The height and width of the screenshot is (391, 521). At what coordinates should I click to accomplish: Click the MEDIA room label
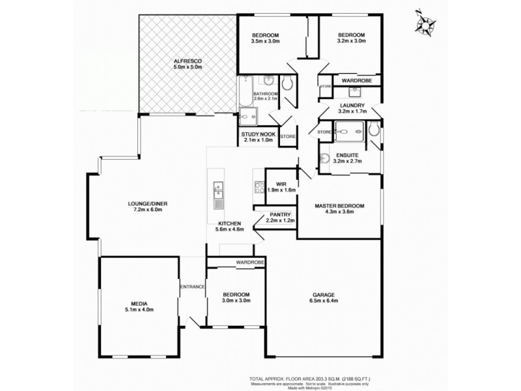click(137, 304)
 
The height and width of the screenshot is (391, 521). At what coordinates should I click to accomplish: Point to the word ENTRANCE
click(192, 287)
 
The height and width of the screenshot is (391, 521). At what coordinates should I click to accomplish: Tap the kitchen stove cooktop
click(257, 188)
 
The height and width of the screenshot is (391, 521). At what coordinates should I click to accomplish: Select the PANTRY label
click(280, 214)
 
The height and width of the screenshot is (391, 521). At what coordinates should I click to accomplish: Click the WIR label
click(281, 183)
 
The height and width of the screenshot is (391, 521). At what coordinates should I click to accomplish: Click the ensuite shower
click(351, 132)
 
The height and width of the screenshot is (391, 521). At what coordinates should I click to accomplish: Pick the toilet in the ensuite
click(373, 131)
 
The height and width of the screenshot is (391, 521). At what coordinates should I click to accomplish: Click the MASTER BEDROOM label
click(339, 206)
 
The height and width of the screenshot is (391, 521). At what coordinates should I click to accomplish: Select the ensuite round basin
click(324, 157)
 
